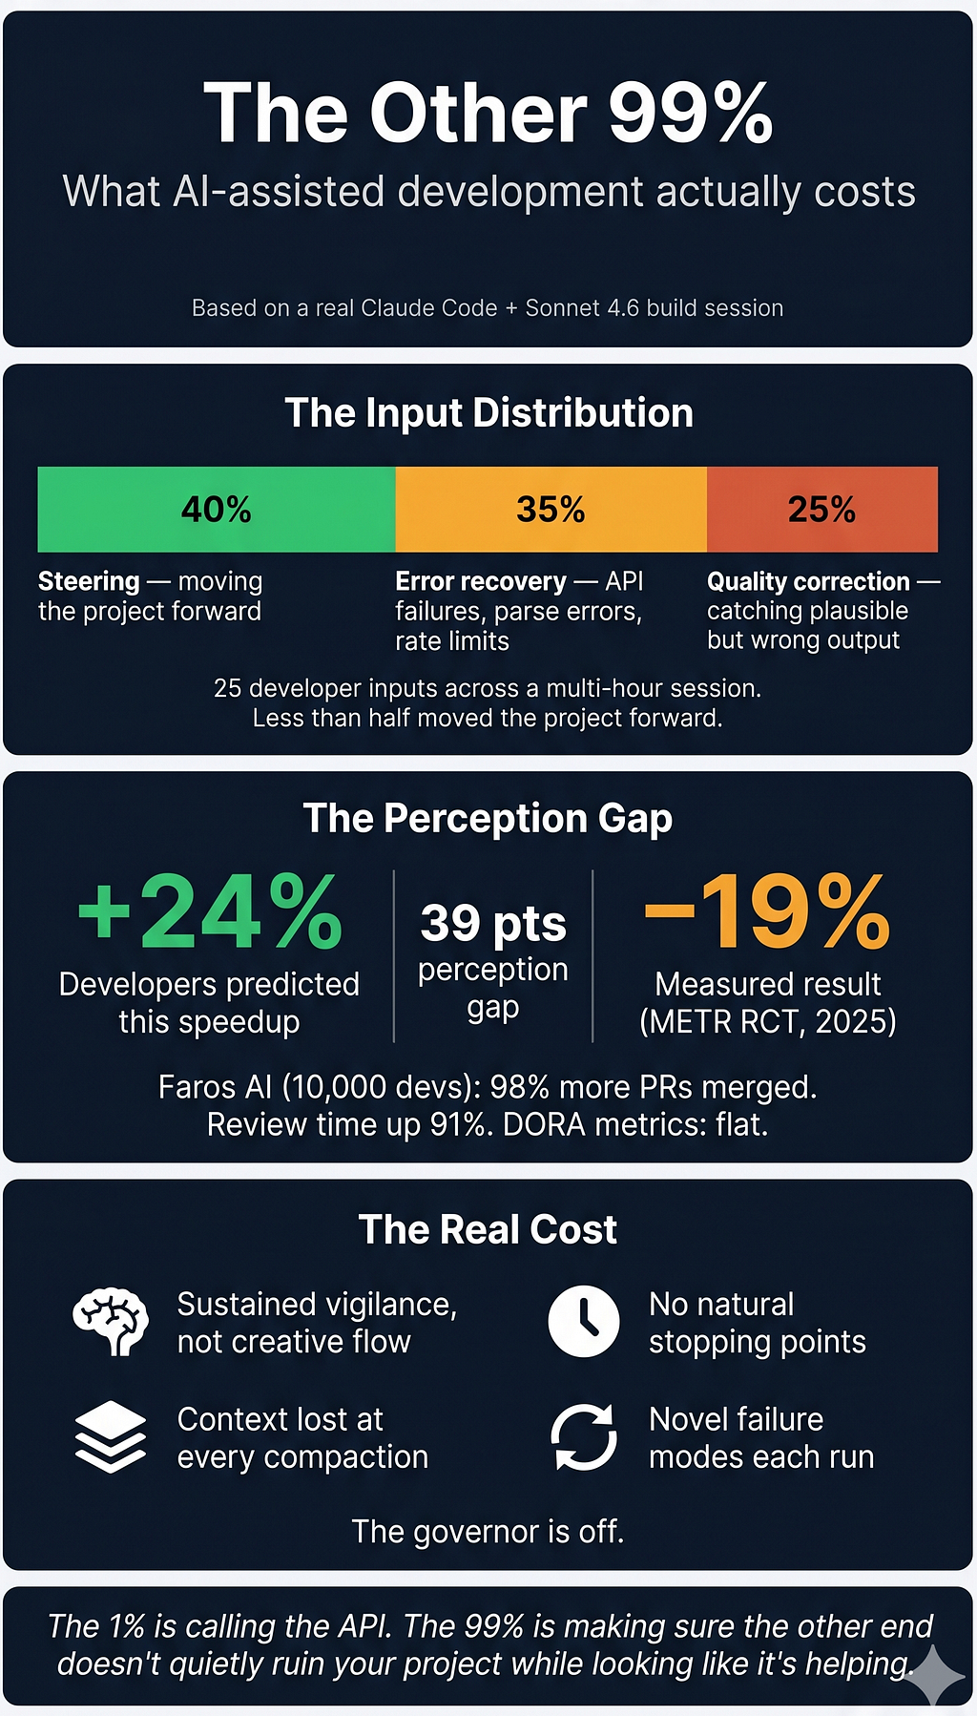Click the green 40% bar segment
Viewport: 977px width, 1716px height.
pos(217,509)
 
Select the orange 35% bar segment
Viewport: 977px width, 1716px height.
pos(551,509)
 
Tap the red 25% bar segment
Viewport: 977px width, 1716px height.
pos(822,509)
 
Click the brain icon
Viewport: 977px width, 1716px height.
pos(111,1322)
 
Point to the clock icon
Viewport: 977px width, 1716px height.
pos(584,1322)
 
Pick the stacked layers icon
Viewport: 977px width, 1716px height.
pos(111,1436)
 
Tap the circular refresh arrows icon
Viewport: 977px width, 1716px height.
pos(584,1436)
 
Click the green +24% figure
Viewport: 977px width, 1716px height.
pos(210,912)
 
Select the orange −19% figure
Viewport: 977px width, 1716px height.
pos(767,912)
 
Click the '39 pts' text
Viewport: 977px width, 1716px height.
pos(493,923)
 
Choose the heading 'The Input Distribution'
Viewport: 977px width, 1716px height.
pos(488,413)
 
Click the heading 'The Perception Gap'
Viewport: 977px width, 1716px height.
pos(488,819)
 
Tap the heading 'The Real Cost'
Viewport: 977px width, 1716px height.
pos(488,1229)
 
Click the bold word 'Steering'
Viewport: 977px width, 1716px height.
pos(89,581)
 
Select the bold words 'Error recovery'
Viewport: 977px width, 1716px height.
pos(481,581)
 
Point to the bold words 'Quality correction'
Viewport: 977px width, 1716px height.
pos(808,581)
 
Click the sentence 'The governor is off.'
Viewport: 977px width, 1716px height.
pos(488,1532)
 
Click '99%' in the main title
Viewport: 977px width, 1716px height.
pos(690,113)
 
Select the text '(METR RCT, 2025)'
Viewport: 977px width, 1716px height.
pos(767,1022)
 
